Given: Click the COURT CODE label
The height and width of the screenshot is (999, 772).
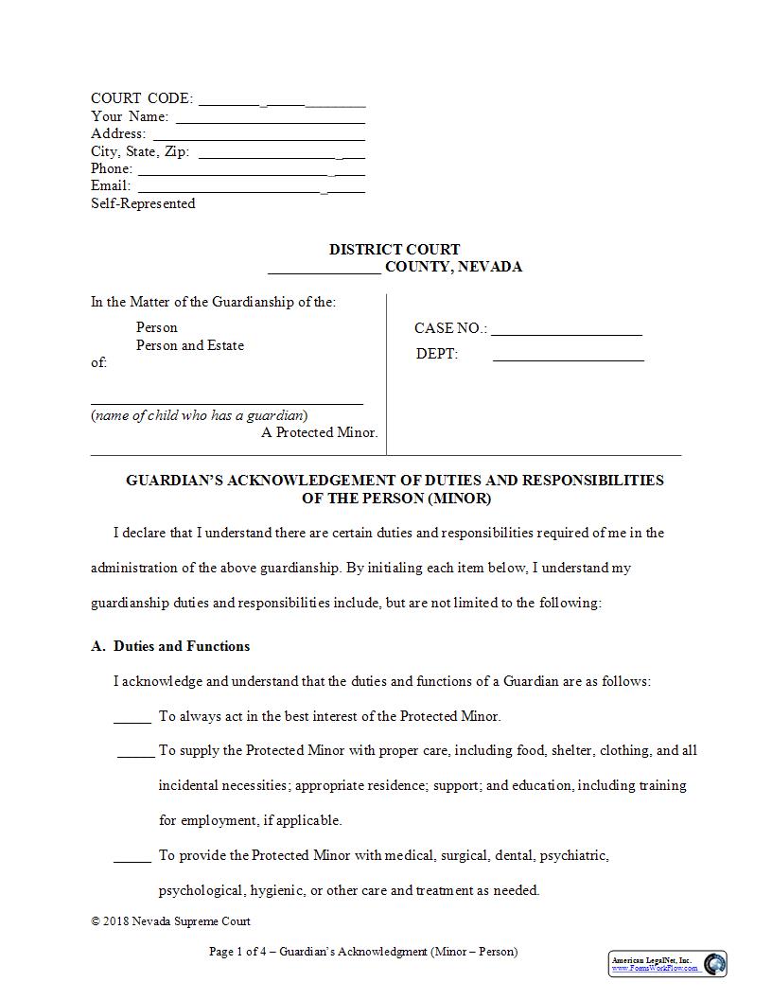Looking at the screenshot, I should [142, 98].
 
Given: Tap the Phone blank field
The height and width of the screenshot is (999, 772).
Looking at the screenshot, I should [251, 171].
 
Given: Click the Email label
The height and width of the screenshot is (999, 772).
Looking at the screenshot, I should [111, 185].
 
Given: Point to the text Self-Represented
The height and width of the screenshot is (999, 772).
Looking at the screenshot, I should [143, 203].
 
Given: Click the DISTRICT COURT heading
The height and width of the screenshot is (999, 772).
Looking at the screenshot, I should [395, 250].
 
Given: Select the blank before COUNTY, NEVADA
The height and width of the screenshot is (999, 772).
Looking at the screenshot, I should [325, 269].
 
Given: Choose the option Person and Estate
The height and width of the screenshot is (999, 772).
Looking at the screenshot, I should [189, 345].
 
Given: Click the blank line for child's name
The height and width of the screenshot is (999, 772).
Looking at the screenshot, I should [227, 399].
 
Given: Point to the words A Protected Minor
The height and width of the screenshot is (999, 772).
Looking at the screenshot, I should [319, 432].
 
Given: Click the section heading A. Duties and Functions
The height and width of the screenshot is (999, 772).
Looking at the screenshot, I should [170, 646].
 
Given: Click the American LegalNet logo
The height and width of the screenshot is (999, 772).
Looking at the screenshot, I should [668, 964].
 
